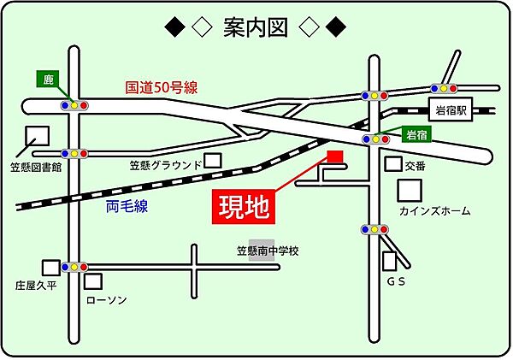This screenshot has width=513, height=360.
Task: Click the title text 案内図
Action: tap(255, 29)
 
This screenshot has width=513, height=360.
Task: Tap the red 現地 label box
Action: tap(242, 206)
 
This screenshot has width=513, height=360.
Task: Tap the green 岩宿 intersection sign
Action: tap(416, 135)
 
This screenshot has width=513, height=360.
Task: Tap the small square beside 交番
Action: tap(392, 164)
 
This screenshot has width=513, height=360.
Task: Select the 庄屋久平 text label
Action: tap(34, 284)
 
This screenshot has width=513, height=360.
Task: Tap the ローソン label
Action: tap(107, 300)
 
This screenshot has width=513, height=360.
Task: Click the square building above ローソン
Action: tap(94, 280)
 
